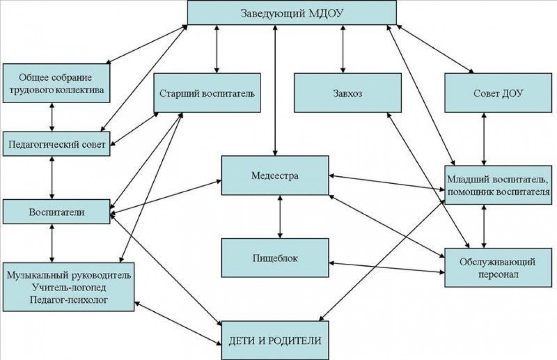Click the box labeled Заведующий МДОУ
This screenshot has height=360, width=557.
click(292, 13)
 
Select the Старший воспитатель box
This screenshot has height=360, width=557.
click(207, 93)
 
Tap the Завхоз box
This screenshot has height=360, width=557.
click(347, 93)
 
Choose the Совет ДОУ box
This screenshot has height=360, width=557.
click(498, 93)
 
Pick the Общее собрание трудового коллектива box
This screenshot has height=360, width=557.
click(56, 83)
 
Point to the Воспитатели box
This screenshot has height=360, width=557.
click(57, 211)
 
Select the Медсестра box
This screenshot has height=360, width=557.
click(275, 176)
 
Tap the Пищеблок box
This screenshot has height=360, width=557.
click(275, 258)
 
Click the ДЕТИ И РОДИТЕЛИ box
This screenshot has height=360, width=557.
click(275, 340)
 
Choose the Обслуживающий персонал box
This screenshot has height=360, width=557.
click(498, 268)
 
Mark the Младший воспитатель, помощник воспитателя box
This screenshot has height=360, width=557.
click(498, 185)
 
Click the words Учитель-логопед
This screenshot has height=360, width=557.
click(68, 286)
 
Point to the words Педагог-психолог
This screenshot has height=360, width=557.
click(68, 298)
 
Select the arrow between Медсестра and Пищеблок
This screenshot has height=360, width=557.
click(280, 217)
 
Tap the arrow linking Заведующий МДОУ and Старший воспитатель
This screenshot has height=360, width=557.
click(216, 49)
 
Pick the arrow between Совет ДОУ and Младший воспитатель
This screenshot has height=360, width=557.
click(483, 139)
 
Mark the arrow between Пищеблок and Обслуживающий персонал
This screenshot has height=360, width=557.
click(387, 267)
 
